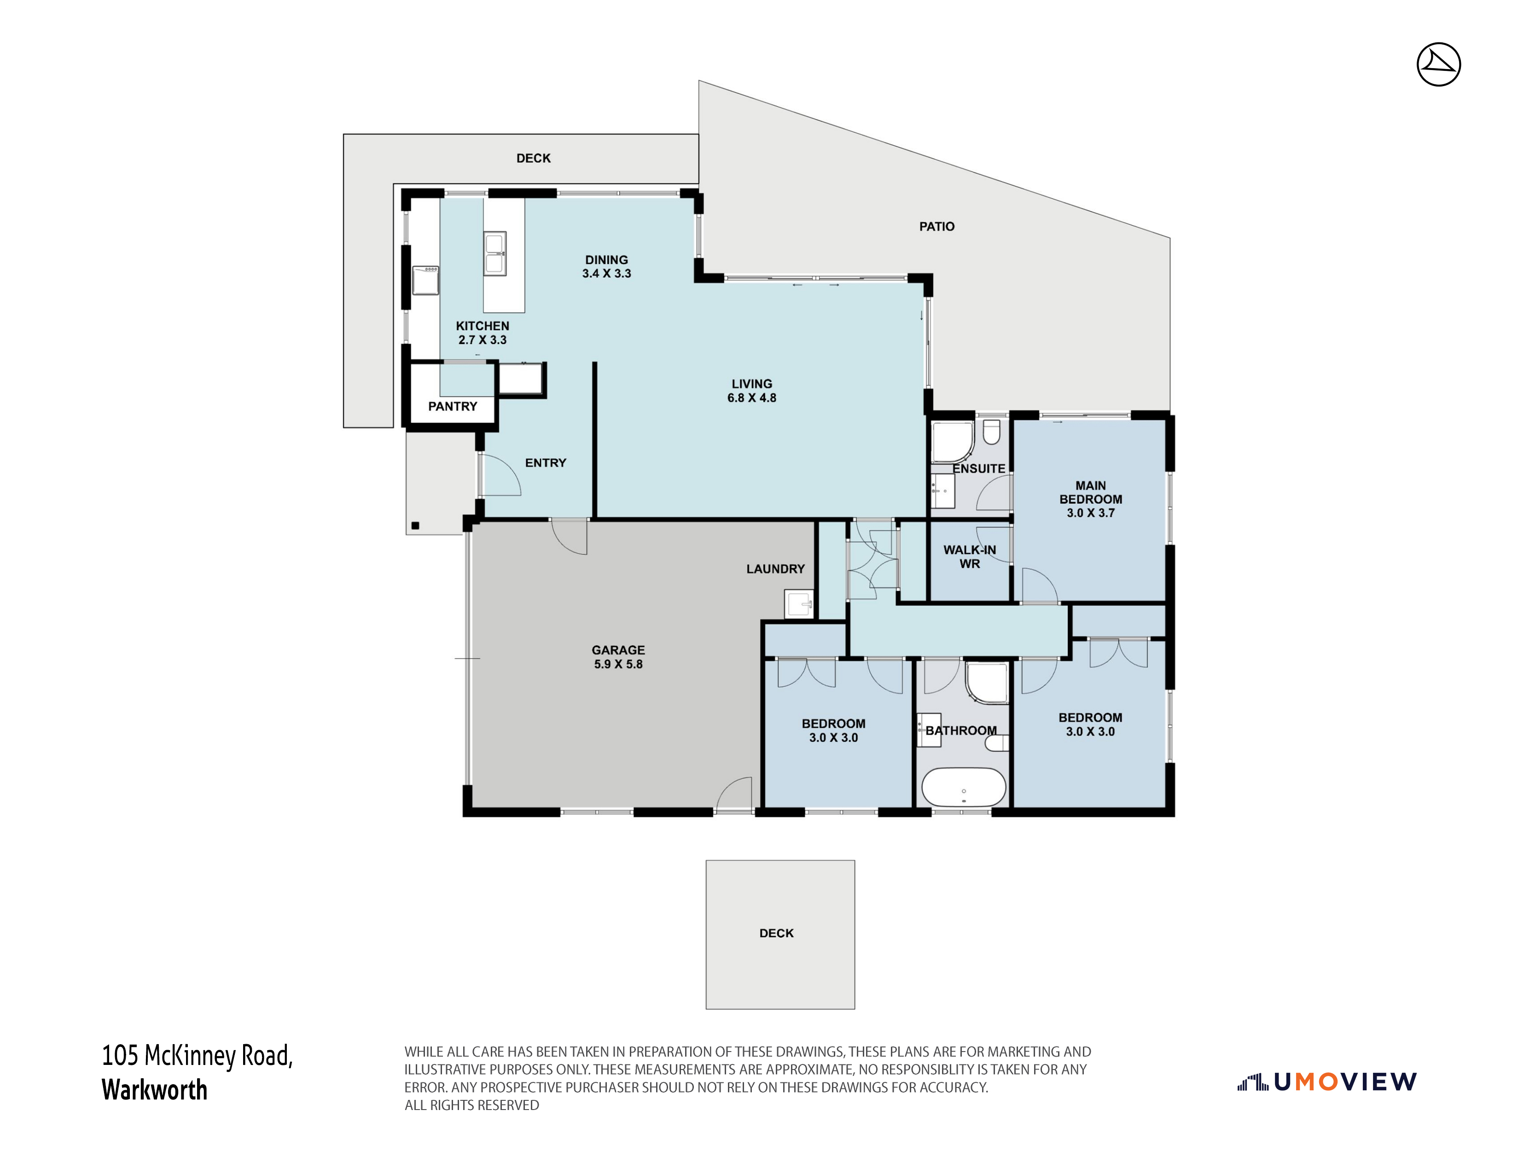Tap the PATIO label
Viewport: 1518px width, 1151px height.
coord(937,227)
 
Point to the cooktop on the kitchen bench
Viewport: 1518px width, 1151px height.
coord(425,280)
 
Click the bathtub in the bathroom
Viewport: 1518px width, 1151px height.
coord(964,787)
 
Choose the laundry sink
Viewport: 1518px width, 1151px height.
coord(799,604)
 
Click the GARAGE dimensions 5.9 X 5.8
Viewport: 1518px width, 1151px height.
coord(618,664)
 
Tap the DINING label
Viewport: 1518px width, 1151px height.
coord(607,260)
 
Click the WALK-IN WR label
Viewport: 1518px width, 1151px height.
coord(970,557)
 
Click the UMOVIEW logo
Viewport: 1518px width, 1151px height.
coord(1326,1082)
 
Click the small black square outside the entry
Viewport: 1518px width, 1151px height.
coord(415,526)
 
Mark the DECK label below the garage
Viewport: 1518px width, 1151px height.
coord(776,933)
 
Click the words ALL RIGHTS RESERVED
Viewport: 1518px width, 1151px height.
coord(471,1105)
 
